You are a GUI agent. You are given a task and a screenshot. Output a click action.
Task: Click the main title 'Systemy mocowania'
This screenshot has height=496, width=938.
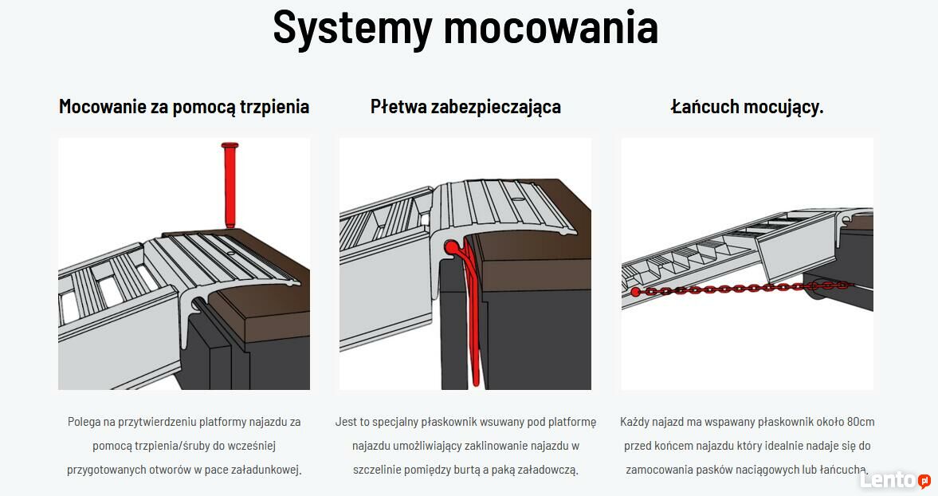click(x=465, y=28)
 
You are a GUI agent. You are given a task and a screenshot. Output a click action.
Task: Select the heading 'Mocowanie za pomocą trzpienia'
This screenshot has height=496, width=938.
click(x=184, y=107)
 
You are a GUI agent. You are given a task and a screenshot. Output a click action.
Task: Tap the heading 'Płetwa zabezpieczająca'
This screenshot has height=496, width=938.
click(x=465, y=107)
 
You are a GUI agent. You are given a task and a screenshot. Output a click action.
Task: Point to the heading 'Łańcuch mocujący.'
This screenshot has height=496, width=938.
click(x=748, y=107)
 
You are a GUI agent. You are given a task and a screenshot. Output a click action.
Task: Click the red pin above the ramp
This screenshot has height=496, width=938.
click(x=230, y=185)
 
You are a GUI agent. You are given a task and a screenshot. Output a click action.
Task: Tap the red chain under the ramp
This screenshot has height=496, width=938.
click(x=742, y=289)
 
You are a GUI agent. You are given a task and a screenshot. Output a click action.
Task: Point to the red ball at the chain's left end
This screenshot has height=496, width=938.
click(x=635, y=293)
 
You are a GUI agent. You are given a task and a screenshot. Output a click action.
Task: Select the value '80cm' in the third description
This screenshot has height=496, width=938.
click(x=860, y=422)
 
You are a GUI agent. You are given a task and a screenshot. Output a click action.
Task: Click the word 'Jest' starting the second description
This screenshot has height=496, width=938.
click(x=344, y=422)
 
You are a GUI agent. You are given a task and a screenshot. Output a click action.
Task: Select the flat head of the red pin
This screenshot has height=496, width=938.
click(x=230, y=145)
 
